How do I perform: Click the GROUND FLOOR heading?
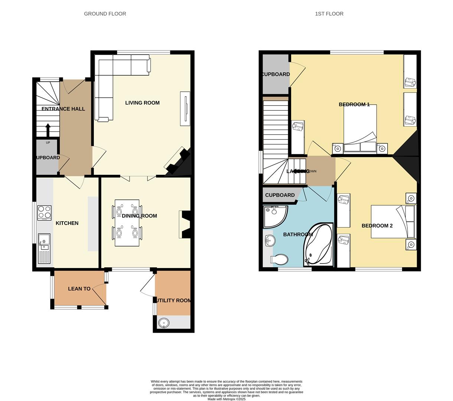pyautogui.click(x=105, y=14)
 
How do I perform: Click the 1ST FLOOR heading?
pyautogui.click(x=329, y=14)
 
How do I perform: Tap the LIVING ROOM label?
pyautogui.click(x=142, y=103)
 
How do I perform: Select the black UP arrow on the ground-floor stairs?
pyautogui.click(x=48, y=130)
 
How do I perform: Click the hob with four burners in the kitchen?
pyautogui.click(x=44, y=213)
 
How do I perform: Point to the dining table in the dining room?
pyautogui.click(x=127, y=223)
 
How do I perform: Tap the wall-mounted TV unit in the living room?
pyautogui.click(x=185, y=108)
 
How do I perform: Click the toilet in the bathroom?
pyautogui.click(x=280, y=259)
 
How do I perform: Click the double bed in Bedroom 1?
pyautogui.click(x=360, y=128)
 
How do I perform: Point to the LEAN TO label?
pyautogui.click(x=79, y=288)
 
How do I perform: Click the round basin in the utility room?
pyautogui.click(x=163, y=323)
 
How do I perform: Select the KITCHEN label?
pyautogui.click(x=67, y=223)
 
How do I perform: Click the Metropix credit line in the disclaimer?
pyautogui.click(x=226, y=399)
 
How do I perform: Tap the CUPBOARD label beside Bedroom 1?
pyautogui.click(x=276, y=74)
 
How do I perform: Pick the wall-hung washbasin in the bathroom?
pyautogui.click(x=270, y=241)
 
